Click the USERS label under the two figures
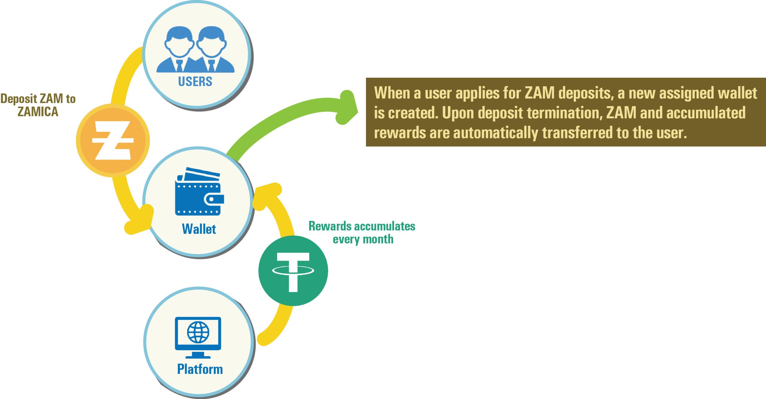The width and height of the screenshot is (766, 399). (195, 81)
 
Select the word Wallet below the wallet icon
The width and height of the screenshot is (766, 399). (199, 229)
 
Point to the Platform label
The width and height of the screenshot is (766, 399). (200, 369)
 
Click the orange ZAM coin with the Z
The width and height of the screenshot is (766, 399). (113, 140)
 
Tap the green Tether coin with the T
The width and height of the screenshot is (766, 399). (293, 271)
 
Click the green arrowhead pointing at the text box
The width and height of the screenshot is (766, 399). (347, 108)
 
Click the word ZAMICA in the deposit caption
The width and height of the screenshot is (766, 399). (38, 112)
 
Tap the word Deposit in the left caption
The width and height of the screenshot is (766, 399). (19, 99)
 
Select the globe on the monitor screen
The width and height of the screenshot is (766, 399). (198, 332)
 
